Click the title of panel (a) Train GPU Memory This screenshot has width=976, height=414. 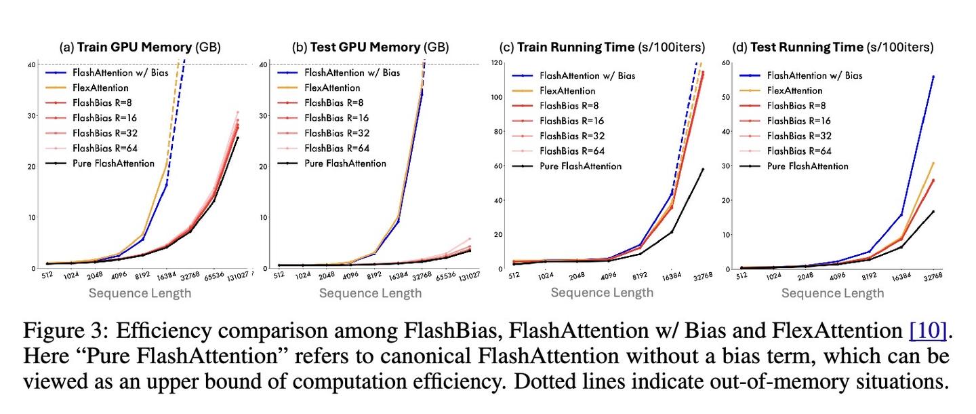[140, 48]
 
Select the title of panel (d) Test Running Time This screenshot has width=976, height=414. [833, 48]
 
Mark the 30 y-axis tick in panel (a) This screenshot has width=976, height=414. [31, 115]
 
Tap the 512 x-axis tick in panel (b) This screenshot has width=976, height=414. [279, 276]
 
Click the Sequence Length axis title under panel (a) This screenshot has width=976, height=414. [140, 293]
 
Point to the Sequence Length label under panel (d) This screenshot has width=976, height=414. [833, 293]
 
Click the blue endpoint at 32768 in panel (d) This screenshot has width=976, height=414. [933, 77]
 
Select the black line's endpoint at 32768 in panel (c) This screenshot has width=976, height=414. [703, 169]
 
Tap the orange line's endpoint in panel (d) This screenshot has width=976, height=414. [933, 163]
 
